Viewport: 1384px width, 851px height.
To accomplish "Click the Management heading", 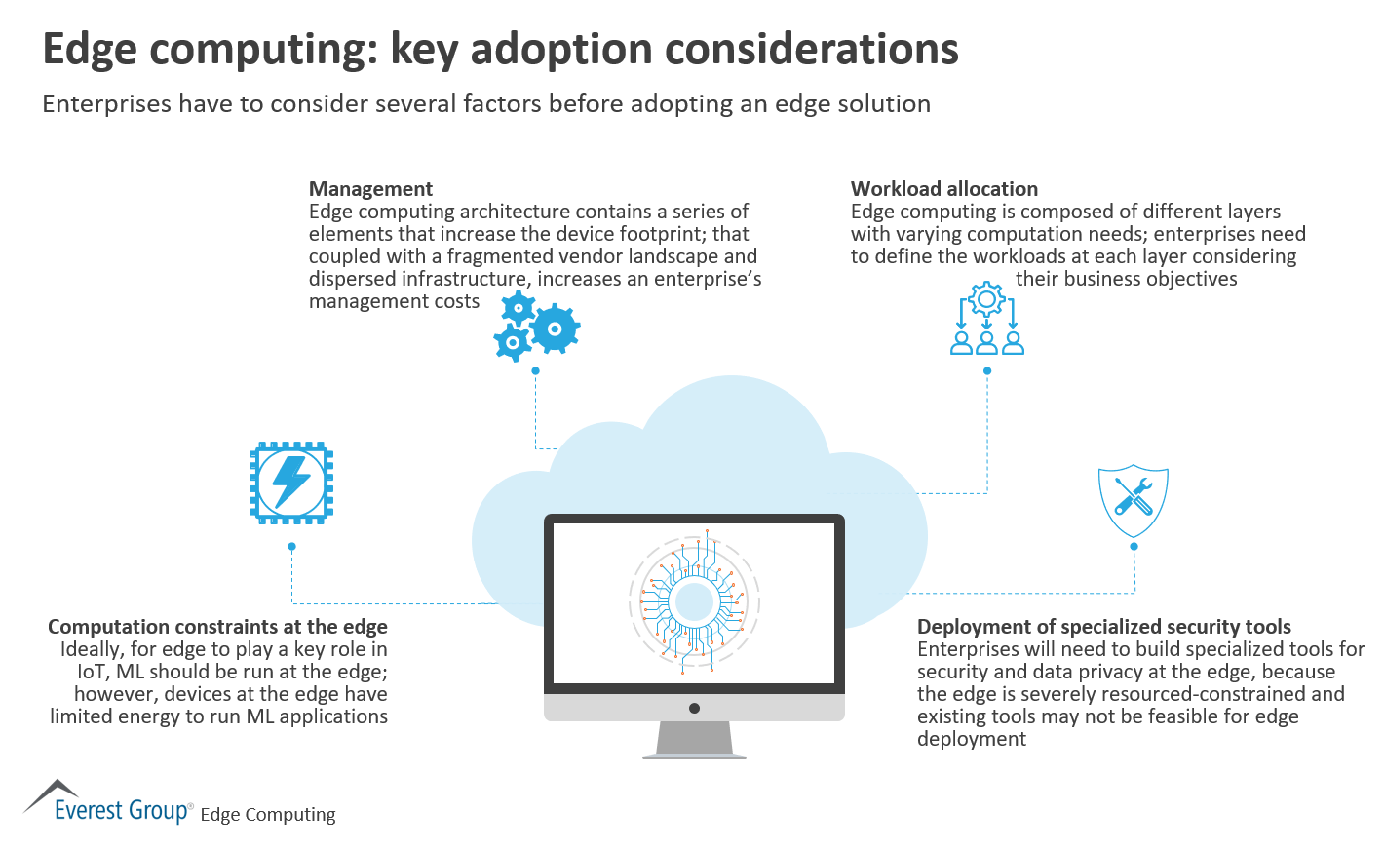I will click(370, 189).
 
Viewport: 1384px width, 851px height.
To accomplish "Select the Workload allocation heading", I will click(943, 189).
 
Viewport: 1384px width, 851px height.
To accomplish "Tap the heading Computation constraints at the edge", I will click(217, 627).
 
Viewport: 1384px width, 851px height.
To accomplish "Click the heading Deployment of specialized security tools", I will click(1103, 627).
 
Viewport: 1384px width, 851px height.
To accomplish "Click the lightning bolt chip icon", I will click(291, 483).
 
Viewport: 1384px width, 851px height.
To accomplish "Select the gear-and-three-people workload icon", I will click(987, 318).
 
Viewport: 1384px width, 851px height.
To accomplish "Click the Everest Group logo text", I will click(122, 811).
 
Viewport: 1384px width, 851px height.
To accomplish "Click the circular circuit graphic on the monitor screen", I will click(694, 602).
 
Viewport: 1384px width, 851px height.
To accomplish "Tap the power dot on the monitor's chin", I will click(694, 708).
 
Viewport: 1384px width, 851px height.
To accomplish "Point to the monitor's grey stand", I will click(694, 739).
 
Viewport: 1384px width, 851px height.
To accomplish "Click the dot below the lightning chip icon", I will click(291, 547).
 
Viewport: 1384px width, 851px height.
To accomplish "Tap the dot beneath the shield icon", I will click(1134, 547).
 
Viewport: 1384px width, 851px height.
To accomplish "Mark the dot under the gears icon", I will click(535, 371).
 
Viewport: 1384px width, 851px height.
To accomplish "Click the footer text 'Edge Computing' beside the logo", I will click(268, 815).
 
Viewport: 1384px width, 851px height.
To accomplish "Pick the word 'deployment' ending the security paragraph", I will click(971, 739).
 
